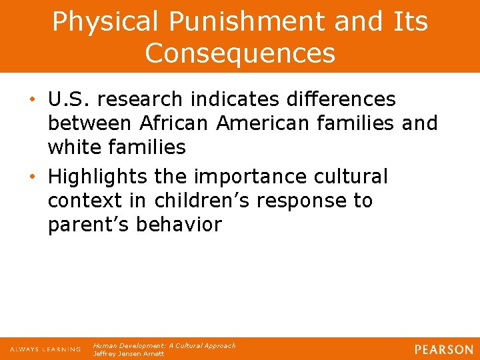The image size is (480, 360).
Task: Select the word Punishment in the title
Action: (217, 22)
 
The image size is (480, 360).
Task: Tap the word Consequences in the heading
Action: (240, 53)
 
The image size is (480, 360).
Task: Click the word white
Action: (75, 147)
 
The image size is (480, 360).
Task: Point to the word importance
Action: (250, 177)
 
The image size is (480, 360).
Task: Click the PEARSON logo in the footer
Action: (443, 349)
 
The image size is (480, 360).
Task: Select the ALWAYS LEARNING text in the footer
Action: (45, 349)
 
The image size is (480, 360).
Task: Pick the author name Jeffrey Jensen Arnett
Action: (129, 354)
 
